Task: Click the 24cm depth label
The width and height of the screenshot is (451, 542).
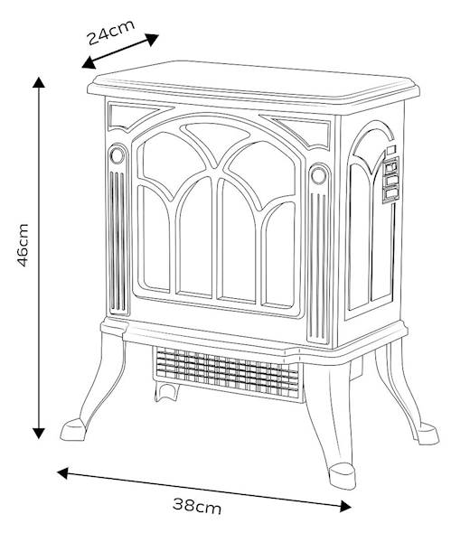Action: click(110, 33)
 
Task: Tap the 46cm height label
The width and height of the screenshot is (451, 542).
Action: click(23, 245)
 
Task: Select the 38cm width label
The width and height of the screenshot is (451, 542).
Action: click(197, 506)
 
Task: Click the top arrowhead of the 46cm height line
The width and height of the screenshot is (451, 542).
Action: click(39, 82)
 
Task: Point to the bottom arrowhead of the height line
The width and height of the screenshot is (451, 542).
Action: click(39, 433)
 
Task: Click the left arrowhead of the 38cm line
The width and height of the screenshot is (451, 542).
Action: click(62, 472)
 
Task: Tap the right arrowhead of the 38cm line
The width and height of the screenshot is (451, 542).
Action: click(345, 506)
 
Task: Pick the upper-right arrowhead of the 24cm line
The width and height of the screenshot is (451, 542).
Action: click(152, 39)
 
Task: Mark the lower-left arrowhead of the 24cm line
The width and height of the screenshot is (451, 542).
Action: click(89, 62)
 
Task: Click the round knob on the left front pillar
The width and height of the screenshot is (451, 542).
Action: click(117, 154)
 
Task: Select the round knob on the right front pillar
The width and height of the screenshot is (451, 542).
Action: click(318, 175)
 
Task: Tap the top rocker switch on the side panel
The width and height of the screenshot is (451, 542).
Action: click(390, 167)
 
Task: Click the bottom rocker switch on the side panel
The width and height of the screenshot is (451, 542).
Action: click(390, 193)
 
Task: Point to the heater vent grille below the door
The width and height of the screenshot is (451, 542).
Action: click(227, 372)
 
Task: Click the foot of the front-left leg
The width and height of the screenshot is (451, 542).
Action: click(73, 429)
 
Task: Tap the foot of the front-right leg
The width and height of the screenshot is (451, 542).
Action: click(342, 476)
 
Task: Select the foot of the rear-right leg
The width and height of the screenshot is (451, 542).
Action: click(428, 433)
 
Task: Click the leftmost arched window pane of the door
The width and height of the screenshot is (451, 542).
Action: click(154, 238)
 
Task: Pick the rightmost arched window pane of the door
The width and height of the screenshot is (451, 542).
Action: click(279, 254)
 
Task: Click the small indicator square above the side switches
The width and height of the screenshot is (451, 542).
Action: click(390, 150)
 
